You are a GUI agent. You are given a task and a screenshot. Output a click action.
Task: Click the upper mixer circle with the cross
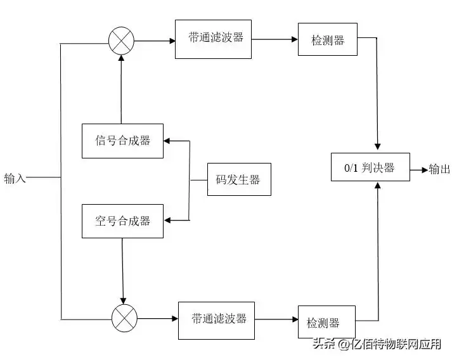pyautogui.click(x=121, y=42)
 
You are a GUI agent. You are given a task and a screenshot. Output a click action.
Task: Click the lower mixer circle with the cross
pyautogui.click(x=124, y=318)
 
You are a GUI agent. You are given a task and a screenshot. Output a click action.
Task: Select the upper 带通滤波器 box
pyautogui.click(x=215, y=39)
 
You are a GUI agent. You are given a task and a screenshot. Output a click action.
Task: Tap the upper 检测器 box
pyautogui.click(x=328, y=39)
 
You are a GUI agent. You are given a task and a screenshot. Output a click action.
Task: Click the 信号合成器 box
pyautogui.click(x=123, y=141)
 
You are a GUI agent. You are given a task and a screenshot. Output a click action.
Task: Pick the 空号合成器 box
pyautogui.click(x=123, y=221)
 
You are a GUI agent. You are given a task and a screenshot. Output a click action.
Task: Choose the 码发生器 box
pyautogui.click(x=239, y=179)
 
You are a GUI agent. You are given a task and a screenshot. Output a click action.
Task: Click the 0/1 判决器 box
pyautogui.click(x=370, y=167)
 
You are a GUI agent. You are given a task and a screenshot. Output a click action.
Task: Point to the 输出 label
pyautogui.click(x=439, y=169)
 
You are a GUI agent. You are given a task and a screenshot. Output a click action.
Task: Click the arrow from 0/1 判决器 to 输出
pyautogui.click(x=419, y=169)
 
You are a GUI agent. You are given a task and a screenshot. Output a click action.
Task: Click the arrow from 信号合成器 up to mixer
pyautogui.click(x=121, y=89)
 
